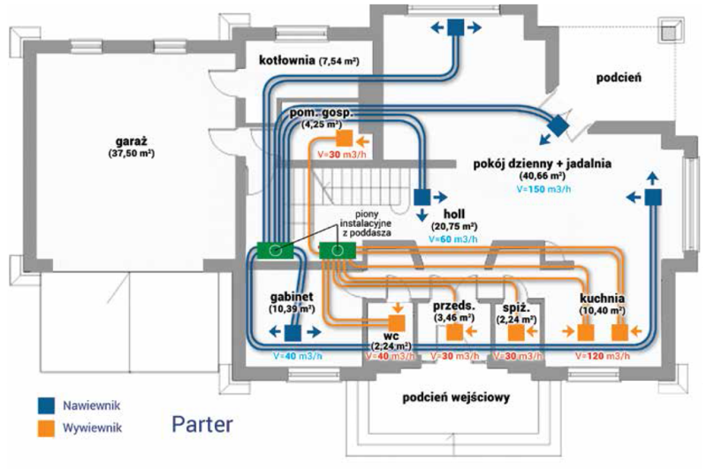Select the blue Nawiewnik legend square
click(46, 405)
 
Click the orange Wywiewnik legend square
click(46, 429)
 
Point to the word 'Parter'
click(203, 423)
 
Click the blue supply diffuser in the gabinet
click(291, 332)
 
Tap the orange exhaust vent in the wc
click(398, 321)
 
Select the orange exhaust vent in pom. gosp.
click(346, 139)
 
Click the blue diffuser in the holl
click(422, 196)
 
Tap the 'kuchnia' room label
click(603, 299)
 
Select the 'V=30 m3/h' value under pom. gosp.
click(328, 155)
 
